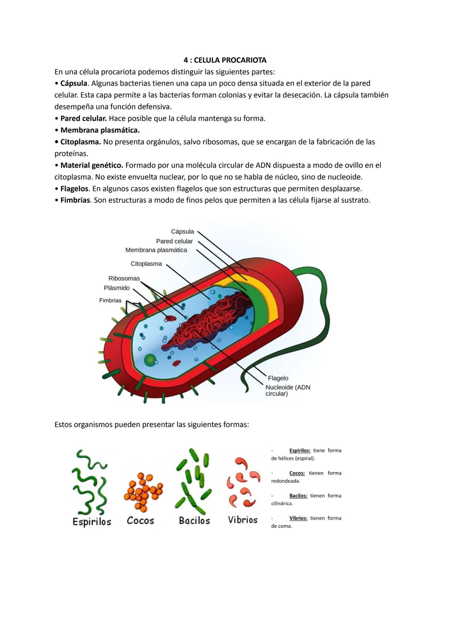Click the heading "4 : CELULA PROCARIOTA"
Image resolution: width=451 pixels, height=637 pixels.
click(225, 60)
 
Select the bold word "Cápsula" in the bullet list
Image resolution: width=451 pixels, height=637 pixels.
click(73, 84)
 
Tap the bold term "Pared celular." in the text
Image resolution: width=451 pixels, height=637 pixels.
click(84, 119)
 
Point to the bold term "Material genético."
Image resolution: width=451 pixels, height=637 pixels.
click(91, 165)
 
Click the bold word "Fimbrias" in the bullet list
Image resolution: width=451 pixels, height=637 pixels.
click(75, 200)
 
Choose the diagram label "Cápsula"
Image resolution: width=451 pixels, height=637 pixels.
click(182, 232)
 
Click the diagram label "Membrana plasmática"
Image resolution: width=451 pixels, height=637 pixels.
click(156, 250)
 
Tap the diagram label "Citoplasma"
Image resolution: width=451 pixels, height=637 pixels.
click(146, 264)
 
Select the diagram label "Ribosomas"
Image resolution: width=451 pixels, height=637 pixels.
click(124, 279)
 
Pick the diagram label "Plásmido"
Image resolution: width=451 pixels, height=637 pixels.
click(117, 288)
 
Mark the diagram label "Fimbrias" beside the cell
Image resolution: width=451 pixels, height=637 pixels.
click(110, 301)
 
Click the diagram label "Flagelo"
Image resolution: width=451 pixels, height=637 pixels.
click(278, 378)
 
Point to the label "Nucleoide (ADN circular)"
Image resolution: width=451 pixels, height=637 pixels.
click(287, 391)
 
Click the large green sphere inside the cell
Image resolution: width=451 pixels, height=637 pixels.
click(151, 360)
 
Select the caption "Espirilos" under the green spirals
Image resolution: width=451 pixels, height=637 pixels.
click(92, 522)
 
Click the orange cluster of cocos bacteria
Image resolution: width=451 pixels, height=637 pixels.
click(143, 492)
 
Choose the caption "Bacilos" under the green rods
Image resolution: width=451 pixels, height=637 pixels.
click(194, 521)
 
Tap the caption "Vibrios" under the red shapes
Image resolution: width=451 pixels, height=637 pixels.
click(243, 520)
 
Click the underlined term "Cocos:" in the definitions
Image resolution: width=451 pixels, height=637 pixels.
click(297, 473)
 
